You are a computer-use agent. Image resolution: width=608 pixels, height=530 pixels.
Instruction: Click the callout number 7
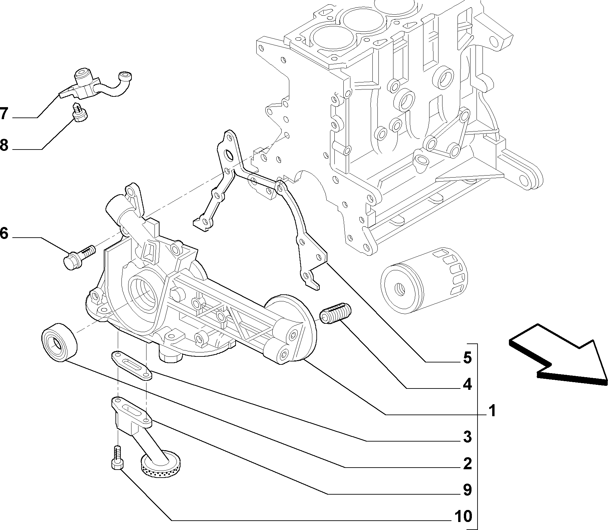click(4, 114)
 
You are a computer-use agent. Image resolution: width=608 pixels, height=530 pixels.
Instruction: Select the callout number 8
click(4, 146)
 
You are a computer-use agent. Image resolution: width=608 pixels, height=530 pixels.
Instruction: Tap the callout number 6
click(4, 234)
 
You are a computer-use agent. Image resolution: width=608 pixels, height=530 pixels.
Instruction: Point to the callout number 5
click(467, 358)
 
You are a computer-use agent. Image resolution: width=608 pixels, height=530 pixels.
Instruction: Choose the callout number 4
click(467, 385)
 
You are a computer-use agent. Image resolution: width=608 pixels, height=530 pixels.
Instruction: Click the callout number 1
click(492, 411)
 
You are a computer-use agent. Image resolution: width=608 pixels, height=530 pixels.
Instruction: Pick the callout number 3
click(467, 437)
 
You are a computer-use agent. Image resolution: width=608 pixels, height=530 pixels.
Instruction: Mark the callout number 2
click(467, 464)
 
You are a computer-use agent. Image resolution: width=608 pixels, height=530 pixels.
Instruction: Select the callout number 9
click(467, 490)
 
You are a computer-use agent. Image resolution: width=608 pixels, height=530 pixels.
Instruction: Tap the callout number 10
click(463, 516)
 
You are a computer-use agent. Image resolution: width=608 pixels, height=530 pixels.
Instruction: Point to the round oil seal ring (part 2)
click(59, 341)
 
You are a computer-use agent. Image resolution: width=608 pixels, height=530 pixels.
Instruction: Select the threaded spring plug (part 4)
click(334, 313)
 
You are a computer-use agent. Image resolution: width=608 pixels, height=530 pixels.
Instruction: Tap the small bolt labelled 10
click(117, 458)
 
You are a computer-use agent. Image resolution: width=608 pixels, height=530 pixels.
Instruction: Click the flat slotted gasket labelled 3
click(131, 365)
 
